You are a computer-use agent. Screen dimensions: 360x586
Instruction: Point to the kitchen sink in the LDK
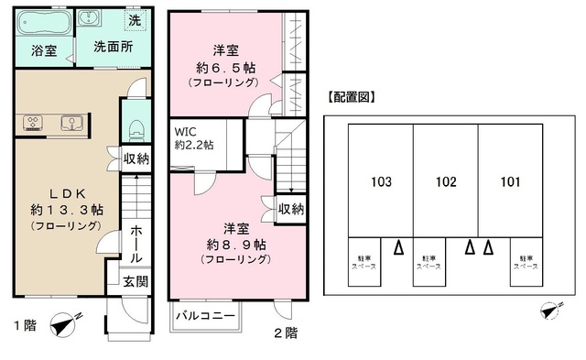pyautogui.click(x=71, y=122)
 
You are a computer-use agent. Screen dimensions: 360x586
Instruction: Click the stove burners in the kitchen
pyautogui.click(x=33, y=122)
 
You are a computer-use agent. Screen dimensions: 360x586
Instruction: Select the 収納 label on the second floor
pyautogui.click(x=290, y=209)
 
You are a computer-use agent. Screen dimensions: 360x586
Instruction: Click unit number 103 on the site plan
pyautogui.click(x=381, y=181)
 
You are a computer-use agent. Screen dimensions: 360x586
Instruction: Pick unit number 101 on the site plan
pyautogui.click(x=511, y=181)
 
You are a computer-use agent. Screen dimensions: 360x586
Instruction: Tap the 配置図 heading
pyautogui.click(x=353, y=96)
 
